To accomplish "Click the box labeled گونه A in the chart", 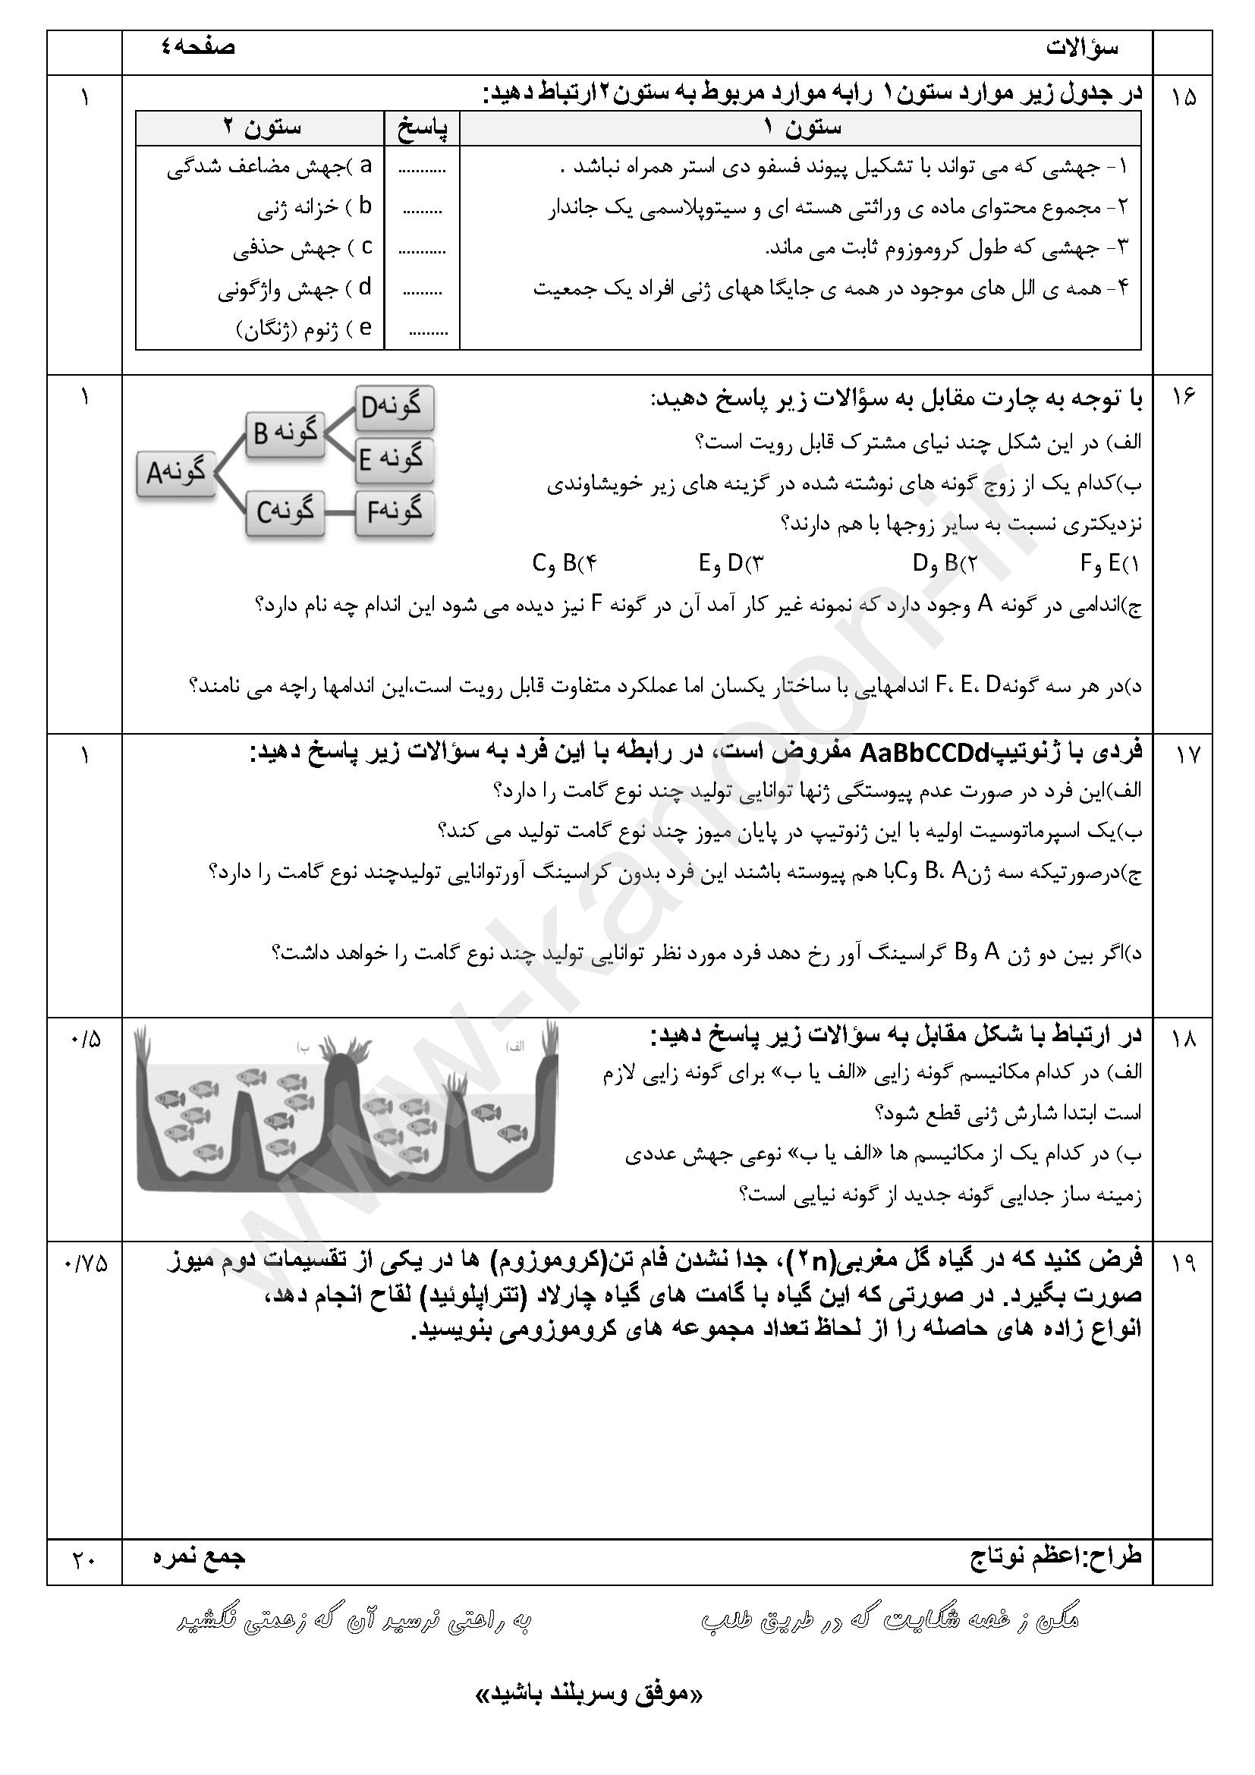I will (175, 472).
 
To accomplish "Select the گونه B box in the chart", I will (285, 434).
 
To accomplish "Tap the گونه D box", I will (394, 407).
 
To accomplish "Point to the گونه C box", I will (285, 511).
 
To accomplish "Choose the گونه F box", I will (394, 511).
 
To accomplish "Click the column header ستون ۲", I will (260, 127).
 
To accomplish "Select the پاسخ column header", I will (422, 127).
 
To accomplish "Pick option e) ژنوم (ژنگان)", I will (304, 329).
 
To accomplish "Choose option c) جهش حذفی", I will (303, 248).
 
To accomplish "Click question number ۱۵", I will (1182, 98).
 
